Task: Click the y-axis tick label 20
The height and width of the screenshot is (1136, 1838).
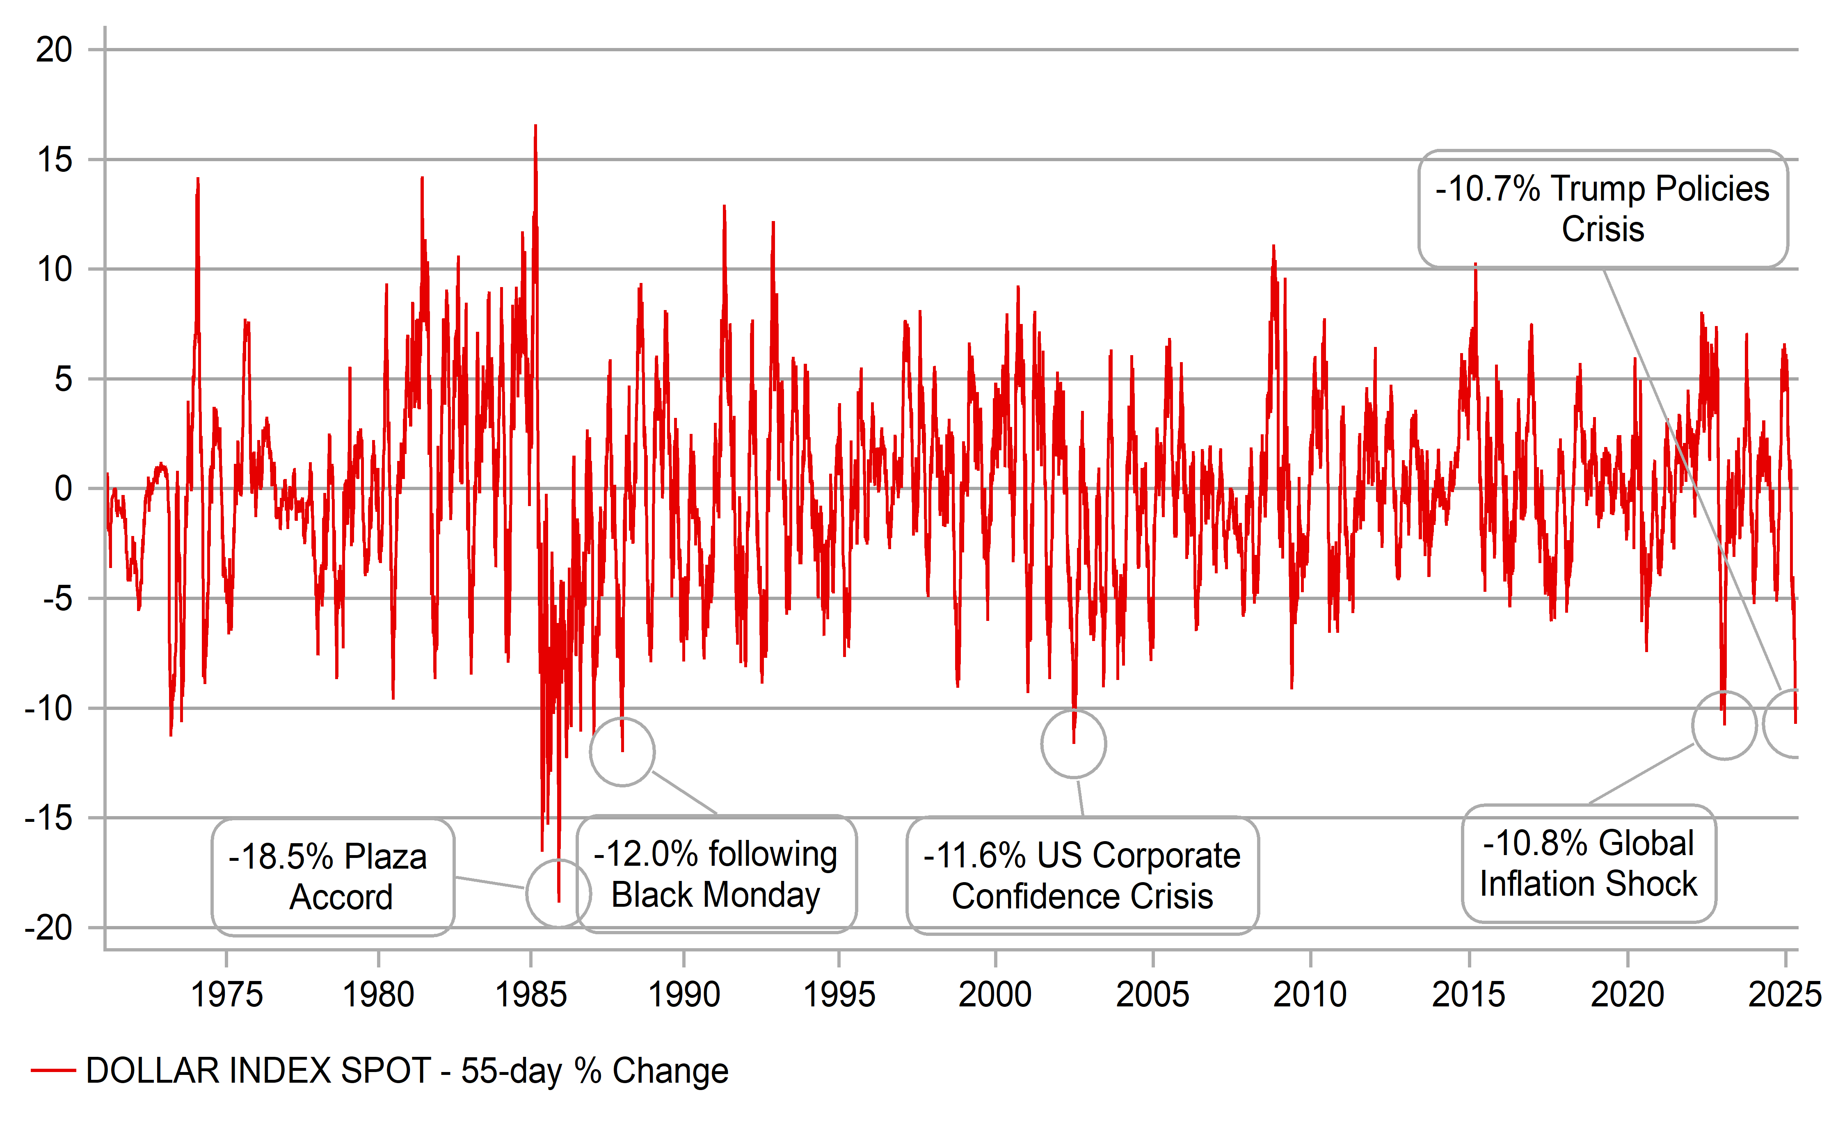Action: [x=54, y=50]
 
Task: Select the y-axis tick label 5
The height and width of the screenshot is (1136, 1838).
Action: [x=63, y=379]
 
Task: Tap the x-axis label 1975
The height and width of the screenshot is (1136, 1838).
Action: [x=226, y=995]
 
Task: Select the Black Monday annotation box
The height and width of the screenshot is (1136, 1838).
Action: [x=716, y=874]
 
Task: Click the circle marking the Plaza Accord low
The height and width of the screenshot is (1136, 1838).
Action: [x=558, y=893]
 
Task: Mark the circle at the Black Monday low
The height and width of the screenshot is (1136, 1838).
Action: [x=622, y=751]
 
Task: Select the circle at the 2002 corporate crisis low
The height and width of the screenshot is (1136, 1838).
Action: [x=1073, y=744]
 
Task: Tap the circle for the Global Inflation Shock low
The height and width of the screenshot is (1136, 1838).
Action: [x=1724, y=725]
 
